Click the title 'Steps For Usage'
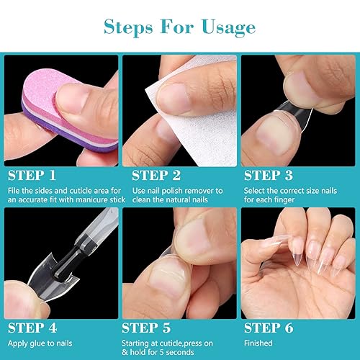click(x=179, y=28)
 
